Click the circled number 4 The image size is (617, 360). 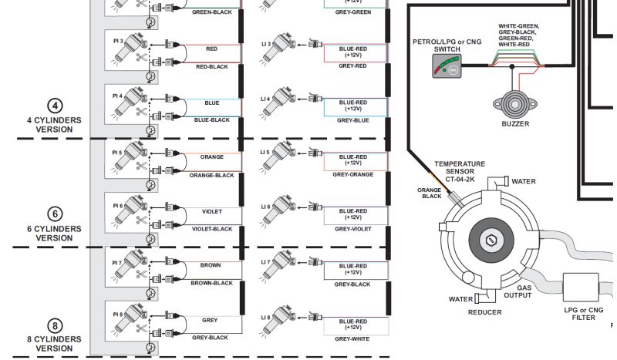pyautogui.click(x=54, y=106)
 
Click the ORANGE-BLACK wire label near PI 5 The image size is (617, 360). pyautogui.click(x=211, y=175)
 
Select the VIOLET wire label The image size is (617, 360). pyautogui.click(x=211, y=211)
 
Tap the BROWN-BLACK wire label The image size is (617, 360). pyautogui.click(x=211, y=283)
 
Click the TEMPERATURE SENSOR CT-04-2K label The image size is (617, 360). pyautogui.click(x=460, y=170)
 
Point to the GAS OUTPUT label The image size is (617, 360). pyautogui.click(x=518, y=291)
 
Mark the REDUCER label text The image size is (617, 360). pyautogui.click(x=485, y=312)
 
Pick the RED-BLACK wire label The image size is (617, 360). pyautogui.click(x=211, y=66)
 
